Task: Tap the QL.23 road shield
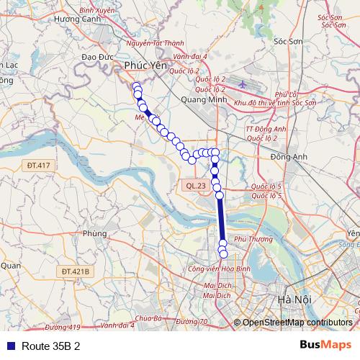point(195,185)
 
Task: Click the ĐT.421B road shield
point(75,271)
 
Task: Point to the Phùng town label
point(94,233)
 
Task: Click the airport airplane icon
point(242,85)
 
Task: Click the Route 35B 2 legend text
point(50,346)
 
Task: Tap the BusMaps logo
point(325,345)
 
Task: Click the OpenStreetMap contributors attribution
point(297,323)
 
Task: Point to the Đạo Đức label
point(96,56)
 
